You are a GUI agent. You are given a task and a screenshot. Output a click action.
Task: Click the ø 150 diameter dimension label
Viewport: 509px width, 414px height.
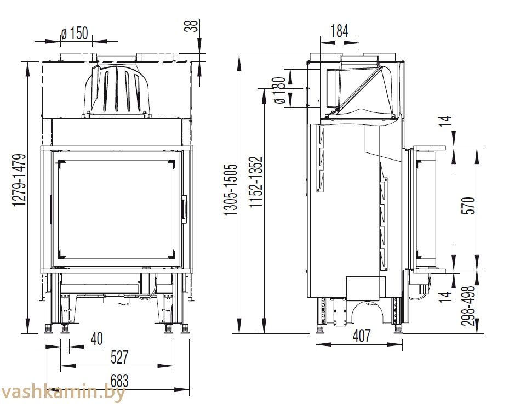coord(75,33)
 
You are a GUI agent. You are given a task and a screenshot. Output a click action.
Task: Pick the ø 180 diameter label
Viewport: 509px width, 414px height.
coord(279,90)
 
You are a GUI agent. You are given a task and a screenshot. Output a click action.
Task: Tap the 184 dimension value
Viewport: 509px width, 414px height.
coord(339,31)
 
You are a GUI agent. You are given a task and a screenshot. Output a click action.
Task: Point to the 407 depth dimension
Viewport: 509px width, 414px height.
coord(361,336)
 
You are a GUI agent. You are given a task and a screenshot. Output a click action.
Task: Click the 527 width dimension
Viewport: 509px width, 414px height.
coord(120,357)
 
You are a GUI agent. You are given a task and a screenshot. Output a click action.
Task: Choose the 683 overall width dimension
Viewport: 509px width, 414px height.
coord(119,381)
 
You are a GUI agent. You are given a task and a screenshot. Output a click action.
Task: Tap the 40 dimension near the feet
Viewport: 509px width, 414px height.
coord(97,338)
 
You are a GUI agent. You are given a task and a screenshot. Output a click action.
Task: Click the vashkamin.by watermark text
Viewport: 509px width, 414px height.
coord(62,393)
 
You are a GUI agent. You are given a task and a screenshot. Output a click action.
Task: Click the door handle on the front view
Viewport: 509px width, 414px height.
coord(185,209)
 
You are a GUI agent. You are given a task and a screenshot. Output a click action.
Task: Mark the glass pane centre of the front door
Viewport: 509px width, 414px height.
coord(117,208)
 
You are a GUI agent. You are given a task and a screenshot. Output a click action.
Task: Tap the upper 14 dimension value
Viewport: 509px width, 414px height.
coord(447,121)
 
